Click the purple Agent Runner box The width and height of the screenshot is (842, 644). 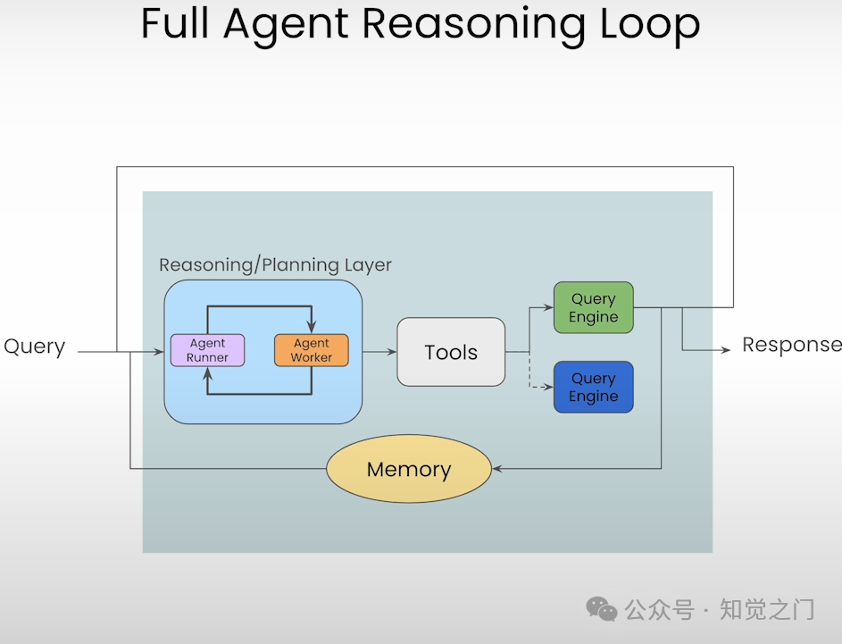[x=207, y=350]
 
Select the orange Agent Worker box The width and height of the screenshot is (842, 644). [x=311, y=350]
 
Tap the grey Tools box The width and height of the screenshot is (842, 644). [x=451, y=352]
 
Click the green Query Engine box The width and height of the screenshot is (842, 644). [x=593, y=308]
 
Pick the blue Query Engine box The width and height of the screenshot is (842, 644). [x=593, y=387]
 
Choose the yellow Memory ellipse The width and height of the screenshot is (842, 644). [x=409, y=469]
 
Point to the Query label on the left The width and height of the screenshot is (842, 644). [x=35, y=347]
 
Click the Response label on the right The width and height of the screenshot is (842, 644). [x=791, y=345]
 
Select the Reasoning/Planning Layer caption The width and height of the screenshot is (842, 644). [x=275, y=265]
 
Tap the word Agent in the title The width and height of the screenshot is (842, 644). [x=285, y=24]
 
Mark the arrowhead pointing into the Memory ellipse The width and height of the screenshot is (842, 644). [x=496, y=468]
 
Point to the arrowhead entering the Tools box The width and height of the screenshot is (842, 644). [x=392, y=352]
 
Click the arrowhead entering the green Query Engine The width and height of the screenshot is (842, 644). [x=549, y=308]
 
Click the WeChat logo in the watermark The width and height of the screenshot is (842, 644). [x=601, y=609]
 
